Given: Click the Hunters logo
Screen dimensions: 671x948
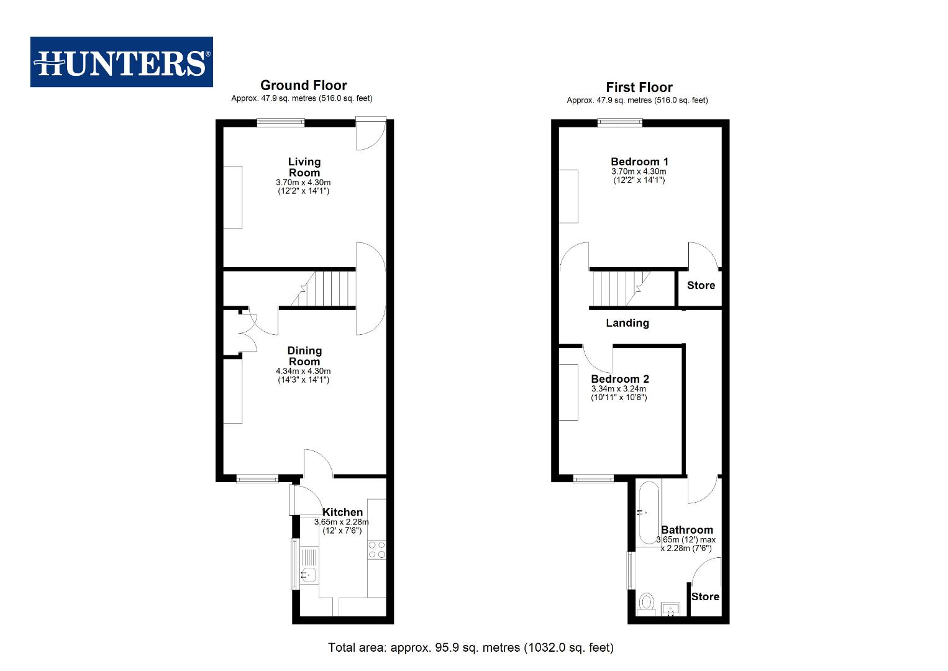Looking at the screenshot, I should click(x=122, y=62).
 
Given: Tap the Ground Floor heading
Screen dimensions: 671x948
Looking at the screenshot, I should click(x=303, y=85).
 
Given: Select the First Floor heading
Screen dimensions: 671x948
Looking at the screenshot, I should click(x=639, y=87).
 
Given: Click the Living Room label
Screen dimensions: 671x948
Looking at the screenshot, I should click(x=304, y=167).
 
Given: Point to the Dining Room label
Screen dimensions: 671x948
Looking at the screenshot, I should click(x=304, y=356).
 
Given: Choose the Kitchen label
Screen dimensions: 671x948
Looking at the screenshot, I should click(x=342, y=512).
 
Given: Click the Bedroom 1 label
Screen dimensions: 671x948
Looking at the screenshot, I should click(x=639, y=162).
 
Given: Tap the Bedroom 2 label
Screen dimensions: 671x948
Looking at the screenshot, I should click(x=619, y=379).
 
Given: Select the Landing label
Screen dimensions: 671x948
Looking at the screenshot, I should click(x=627, y=322).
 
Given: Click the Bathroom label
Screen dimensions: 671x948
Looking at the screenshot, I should click(x=686, y=530).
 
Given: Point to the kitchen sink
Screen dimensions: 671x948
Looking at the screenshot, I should click(x=309, y=575).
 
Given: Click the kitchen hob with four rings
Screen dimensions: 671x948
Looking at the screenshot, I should click(x=376, y=549).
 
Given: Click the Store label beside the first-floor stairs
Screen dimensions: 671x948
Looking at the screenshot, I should click(x=701, y=285).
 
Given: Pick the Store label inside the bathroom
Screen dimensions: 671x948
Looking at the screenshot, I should click(x=705, y=596).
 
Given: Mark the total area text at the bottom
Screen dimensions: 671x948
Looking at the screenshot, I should click(x=470, y=647).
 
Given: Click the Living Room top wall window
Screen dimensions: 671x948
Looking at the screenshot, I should click(x=281, y=122).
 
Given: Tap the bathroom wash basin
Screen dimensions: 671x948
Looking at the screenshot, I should click(x=671, y=608).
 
